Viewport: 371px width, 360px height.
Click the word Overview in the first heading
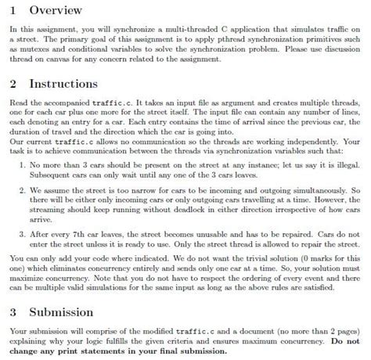click(59, 12)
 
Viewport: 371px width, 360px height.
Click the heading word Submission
click(70, 311)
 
